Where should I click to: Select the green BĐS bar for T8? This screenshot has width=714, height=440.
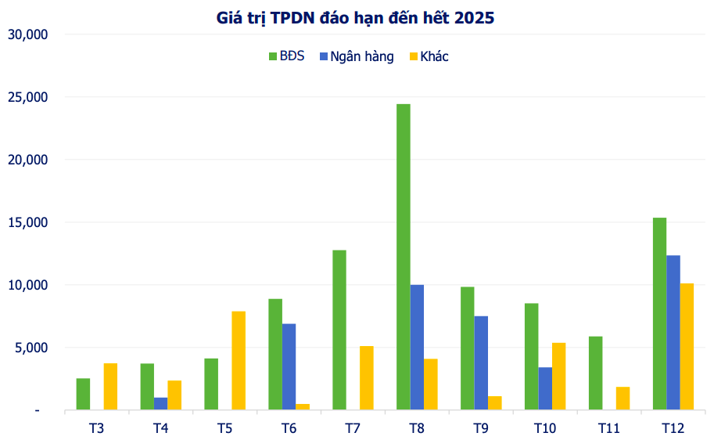[x=404, y=257]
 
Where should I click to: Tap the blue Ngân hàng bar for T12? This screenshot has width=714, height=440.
[x=673, y=332]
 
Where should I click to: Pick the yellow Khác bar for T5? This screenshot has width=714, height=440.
[x=239, y=360]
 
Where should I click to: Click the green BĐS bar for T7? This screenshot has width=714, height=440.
[x=339, y=330]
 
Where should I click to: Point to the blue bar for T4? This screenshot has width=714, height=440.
[x=161, y=403]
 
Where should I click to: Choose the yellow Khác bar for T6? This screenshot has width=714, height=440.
[x=303, y=406]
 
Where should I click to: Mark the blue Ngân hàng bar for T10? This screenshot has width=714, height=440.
[x=545, y=388]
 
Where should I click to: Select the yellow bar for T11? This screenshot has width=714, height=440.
[x=623, y=398]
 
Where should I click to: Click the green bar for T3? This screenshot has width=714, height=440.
[x=83, y=394]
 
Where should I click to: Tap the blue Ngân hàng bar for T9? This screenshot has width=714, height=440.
[x=481, y=362]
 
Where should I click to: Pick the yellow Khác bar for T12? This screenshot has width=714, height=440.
[x=687, y=346]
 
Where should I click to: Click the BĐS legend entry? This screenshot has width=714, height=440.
[x=286, y=56]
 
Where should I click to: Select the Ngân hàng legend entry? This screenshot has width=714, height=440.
[x=356, y=56]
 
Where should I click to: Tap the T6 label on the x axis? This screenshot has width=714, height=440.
[x=289, y=427]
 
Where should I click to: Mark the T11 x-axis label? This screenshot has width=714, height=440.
[x=609, y=427]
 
